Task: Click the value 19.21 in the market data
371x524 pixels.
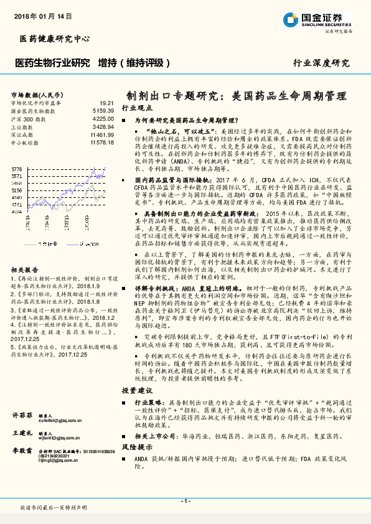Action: coord(106,103)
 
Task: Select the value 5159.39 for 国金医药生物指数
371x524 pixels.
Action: coord(102,111)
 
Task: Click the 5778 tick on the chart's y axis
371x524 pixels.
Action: coord(17,169)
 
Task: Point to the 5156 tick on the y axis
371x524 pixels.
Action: coord(17,191)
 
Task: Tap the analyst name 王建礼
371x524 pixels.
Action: coord(23,432)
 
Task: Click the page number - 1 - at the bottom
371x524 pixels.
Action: coord(185,501)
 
